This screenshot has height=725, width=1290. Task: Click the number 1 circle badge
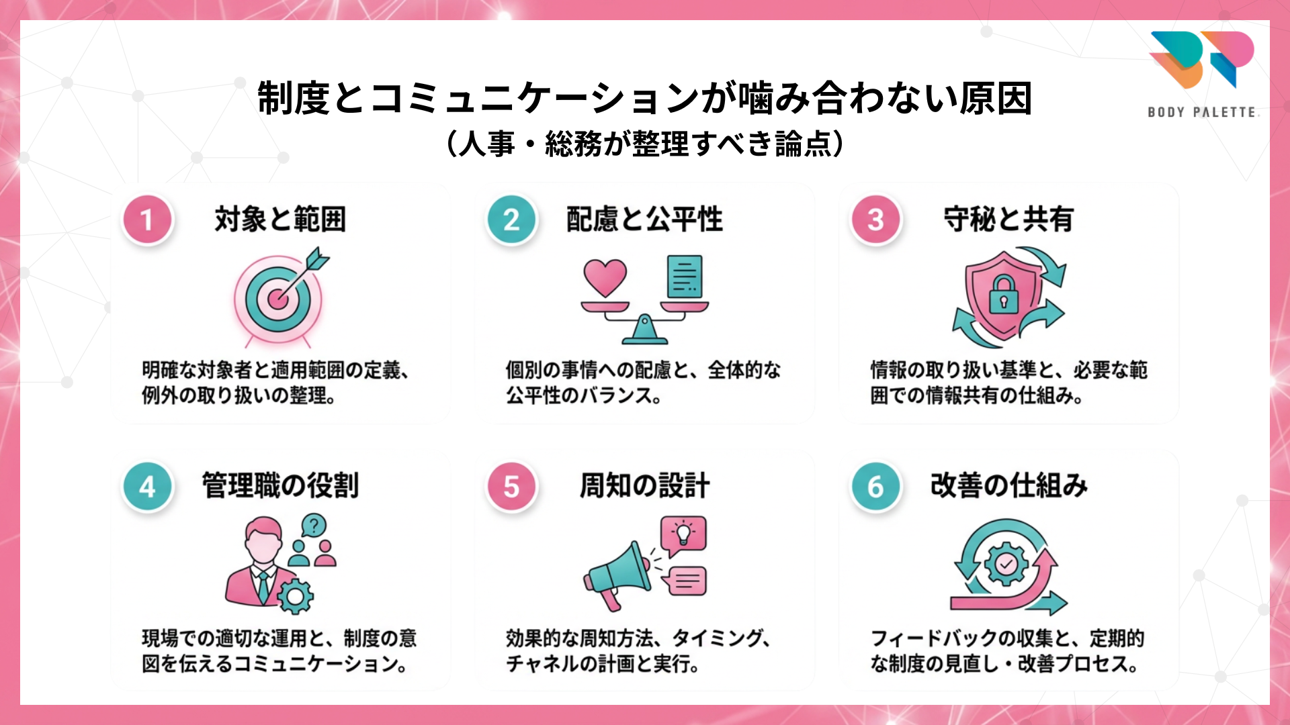point(147,220)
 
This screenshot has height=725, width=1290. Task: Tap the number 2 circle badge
point(511,220)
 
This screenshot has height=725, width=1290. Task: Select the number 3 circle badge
point(875,220)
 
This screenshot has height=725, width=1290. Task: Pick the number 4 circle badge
point(147,487)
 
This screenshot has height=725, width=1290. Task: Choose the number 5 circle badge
point(511,487)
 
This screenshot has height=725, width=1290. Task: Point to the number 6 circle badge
point(875,487)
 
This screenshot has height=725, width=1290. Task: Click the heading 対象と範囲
point(280,220)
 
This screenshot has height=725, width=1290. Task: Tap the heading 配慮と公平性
point(644,220)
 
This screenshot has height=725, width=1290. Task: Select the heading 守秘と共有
point(1008,220)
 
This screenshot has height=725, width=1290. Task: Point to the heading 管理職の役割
point(280,485)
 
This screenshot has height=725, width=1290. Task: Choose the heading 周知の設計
point(644,485)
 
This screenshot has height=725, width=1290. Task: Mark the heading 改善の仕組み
point(1008,485)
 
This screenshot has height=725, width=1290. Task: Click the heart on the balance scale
point(605,277)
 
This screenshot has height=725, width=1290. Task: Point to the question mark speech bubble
point(314,526)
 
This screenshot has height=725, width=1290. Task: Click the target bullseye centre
point(277,299)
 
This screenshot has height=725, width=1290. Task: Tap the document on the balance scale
point(685,276)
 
